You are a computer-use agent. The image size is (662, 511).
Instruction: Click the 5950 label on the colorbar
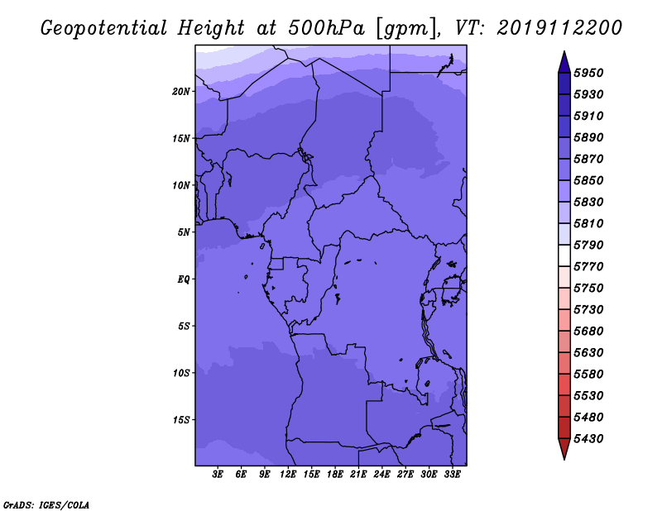[x=588, y=73]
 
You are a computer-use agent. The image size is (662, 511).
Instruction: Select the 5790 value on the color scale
[x=588, y=245]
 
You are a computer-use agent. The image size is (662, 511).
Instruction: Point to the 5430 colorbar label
[x=588, y=439]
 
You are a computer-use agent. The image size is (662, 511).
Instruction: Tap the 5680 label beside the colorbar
[x=588, y=332]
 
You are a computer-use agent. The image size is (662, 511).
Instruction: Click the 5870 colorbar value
[x=588, y=159]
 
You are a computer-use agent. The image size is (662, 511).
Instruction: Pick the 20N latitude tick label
[x=181, y=92]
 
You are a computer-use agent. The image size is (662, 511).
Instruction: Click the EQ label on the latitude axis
[x=184, y=279]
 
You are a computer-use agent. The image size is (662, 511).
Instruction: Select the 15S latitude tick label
[x=181, y=420]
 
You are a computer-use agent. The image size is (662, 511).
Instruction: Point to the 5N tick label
[x=184, y=232]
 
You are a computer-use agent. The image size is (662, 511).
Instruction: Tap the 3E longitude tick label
[x=218, y=475]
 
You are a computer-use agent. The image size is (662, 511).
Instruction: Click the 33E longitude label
[x=452, y=475]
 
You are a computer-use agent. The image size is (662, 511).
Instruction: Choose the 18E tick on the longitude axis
[x=335, y=475]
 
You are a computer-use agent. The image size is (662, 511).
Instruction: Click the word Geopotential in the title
[x=104, y=29]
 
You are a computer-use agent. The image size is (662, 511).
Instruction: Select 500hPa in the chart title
[x=326, y=28]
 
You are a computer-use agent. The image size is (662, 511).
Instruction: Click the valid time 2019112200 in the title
[x=559, y=28]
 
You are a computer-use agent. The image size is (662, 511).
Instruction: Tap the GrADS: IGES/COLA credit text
[x=46, y=505]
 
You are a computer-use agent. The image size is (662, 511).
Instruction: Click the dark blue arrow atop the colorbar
[x=564, y=62]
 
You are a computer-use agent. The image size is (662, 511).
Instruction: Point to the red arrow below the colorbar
[x=564, y=449]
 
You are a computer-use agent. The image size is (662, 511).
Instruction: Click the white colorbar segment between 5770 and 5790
[x=564, y=255]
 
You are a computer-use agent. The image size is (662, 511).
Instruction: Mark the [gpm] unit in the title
[x=406, y=29]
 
